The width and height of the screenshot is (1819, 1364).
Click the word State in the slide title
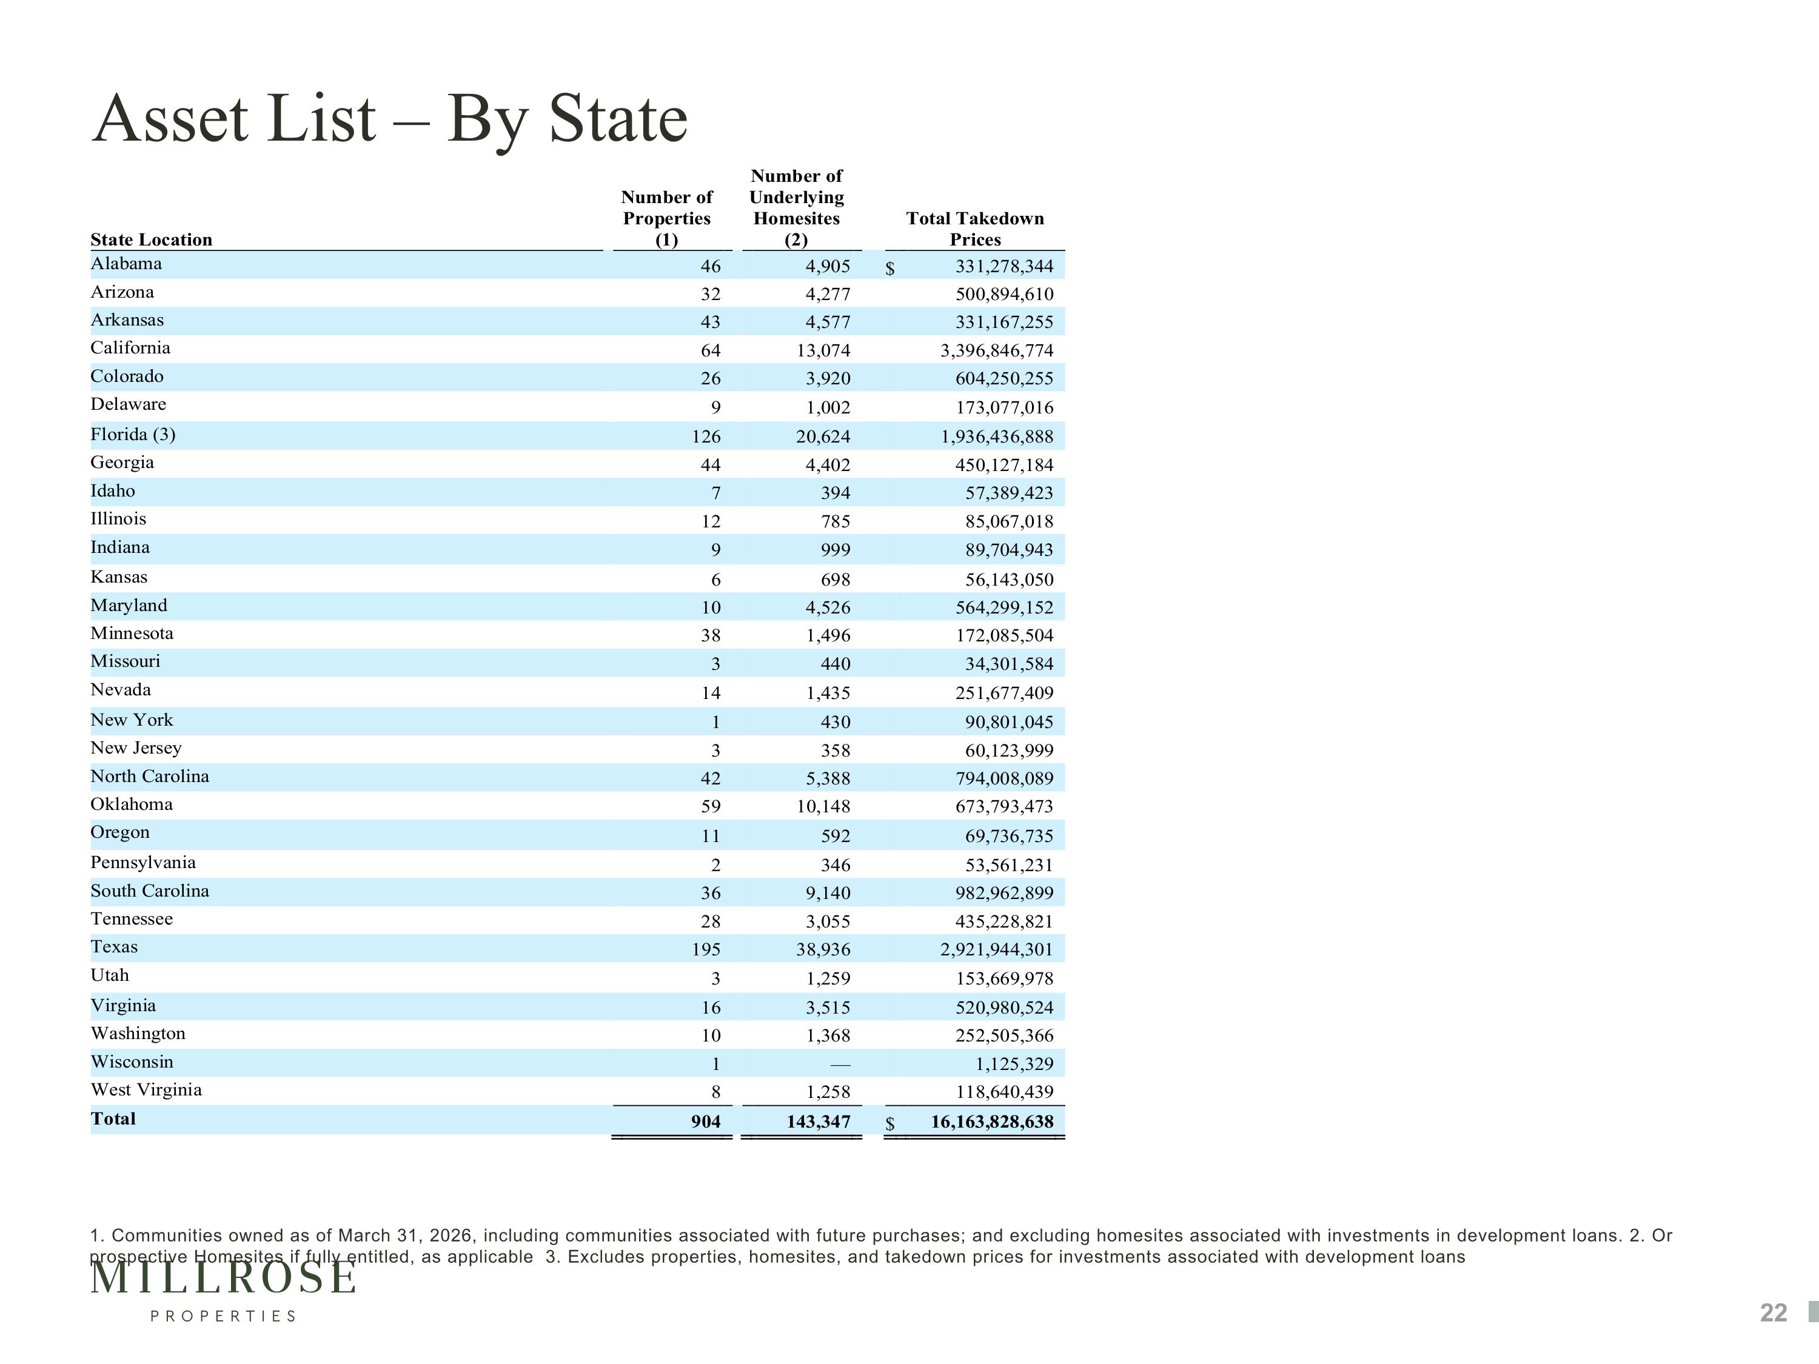pos(618,118)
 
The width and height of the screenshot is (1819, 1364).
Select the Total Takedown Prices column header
pos(975,229)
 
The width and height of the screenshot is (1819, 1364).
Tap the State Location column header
pos(152,239)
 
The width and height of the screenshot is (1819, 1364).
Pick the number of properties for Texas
pos(706,949)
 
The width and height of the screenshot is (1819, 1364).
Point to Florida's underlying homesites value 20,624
pos(823,436)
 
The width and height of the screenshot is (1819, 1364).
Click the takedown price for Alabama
pos(1004,266)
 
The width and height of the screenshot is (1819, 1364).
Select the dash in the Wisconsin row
pos(840,1065)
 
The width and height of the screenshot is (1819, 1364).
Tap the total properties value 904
pos(706,1122)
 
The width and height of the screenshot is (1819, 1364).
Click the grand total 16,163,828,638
pos(992,1122)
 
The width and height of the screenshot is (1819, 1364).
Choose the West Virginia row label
pos(146,1090)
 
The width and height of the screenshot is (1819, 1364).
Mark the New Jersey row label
pos(136,748)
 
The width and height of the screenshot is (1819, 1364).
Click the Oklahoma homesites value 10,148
pos(823,806)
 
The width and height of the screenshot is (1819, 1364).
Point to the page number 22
pos(1774,1313)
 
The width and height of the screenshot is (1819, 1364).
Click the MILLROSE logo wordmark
pos(224,1279)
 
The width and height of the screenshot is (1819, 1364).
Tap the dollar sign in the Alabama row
pos(889,268)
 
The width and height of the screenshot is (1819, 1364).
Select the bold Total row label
pos(113,1119)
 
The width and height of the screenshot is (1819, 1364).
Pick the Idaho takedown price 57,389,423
pos(1009,493)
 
